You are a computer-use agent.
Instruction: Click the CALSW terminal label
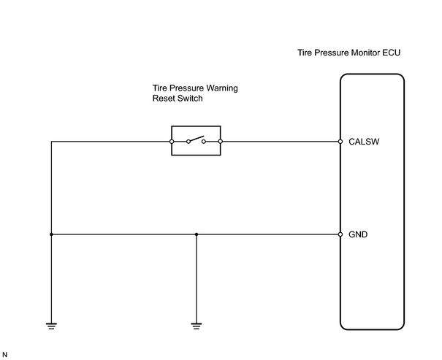coord(364,142)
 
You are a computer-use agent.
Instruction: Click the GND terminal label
coord(358,234)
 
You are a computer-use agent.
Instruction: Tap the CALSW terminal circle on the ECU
coord(340,142)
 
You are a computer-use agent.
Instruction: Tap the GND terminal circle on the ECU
coord(340,234)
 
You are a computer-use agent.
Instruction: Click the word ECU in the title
coord(392,53)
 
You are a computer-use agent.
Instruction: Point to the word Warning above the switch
coord(222,88)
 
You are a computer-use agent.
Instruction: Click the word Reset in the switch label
coord(161,99)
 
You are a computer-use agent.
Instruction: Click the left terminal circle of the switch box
coord(172,142)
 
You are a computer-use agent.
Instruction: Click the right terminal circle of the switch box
coord(221,142)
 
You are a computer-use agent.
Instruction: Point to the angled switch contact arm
coord(197,139)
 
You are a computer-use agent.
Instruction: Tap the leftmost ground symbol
coord(51,326)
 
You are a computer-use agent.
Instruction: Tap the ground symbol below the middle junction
coord(197,326)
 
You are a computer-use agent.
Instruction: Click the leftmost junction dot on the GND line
coord(51,234)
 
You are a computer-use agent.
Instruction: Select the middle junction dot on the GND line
coord(197,234)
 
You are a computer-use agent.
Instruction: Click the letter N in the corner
coord(4,355)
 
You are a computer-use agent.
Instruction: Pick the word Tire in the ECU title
coord(305,53)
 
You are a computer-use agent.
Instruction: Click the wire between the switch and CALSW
coord(281,142)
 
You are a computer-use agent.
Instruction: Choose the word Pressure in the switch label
coord(186,88)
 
